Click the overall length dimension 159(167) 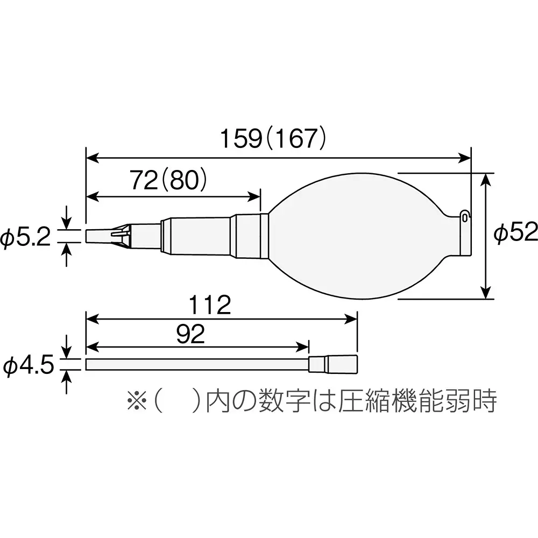[x=273, y=139]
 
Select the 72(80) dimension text [x=168, y=181]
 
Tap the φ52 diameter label [x=516, y=233]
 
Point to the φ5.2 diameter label [x=25, y=237]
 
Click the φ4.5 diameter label [x=28, y=366]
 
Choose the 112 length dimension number [x=210, y=306]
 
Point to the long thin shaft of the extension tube [x=196, y=364]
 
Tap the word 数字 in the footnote [x=294, y=401]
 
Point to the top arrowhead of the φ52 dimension [x=486, y=179]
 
